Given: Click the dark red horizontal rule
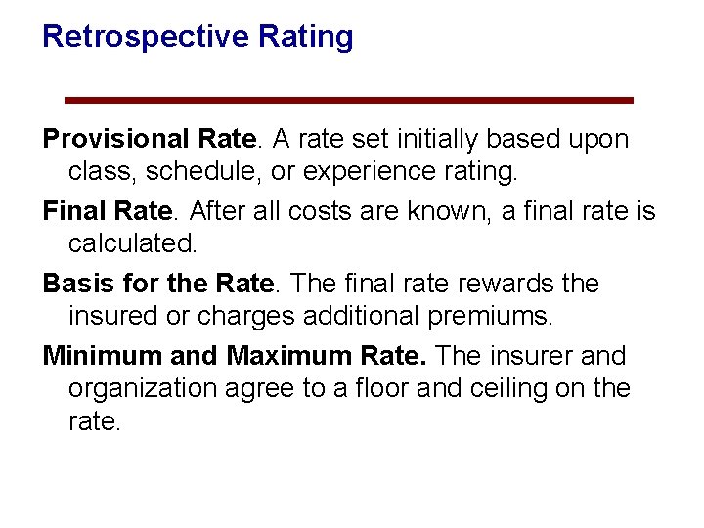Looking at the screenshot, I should pyautogui.click(x=348, y=100).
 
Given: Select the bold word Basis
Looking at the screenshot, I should pyautogui.click(x=75, y=284).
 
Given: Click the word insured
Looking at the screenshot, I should pyautogui.click(x=116, y=317).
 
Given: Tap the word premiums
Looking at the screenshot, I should pyautogui.click(x=494, y=317).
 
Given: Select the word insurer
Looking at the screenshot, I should pyautogui.click(x=536, y=356).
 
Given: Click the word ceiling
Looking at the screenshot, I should pyautogui.click(x=505, y=389).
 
